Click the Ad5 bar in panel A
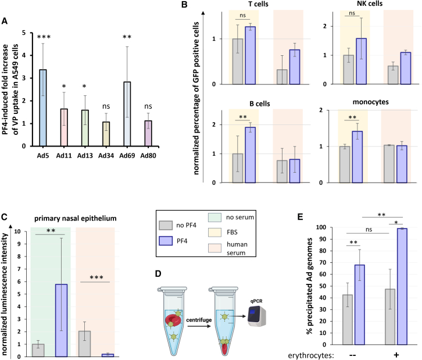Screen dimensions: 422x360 click(43, 108)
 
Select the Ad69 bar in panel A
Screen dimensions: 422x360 click(127, 114)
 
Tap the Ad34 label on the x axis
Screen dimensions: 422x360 click(106, 156)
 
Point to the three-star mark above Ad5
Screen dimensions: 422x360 click(44, 37)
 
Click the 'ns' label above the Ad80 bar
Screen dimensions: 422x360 click(148, 106)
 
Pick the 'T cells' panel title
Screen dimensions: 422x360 click(258, 4)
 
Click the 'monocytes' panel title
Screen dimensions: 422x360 click(371, 102)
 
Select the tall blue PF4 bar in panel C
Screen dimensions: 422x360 click(61, 320)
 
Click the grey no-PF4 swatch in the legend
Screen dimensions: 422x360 click(166, 226)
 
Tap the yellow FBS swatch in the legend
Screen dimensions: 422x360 click(214, 233)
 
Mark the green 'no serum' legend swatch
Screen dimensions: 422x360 click(214, 218)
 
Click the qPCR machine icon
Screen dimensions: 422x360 click(257, 316)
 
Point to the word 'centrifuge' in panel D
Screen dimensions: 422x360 click(199, 320)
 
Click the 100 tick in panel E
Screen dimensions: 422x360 click(321, 227)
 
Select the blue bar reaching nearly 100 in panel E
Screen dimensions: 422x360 click(402, 286)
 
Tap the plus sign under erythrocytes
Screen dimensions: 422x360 click(396, 355)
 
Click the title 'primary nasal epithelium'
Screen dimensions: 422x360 click(76, 218)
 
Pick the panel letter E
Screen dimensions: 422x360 click(300, 217)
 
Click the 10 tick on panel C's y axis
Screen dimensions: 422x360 click(17, 231)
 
